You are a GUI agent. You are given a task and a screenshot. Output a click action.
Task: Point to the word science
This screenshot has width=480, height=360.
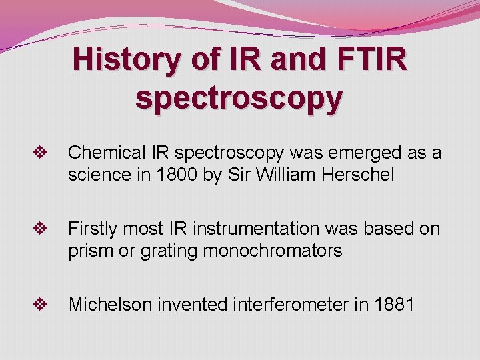99,175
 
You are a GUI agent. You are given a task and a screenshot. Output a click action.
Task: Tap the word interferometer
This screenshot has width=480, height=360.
289,305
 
